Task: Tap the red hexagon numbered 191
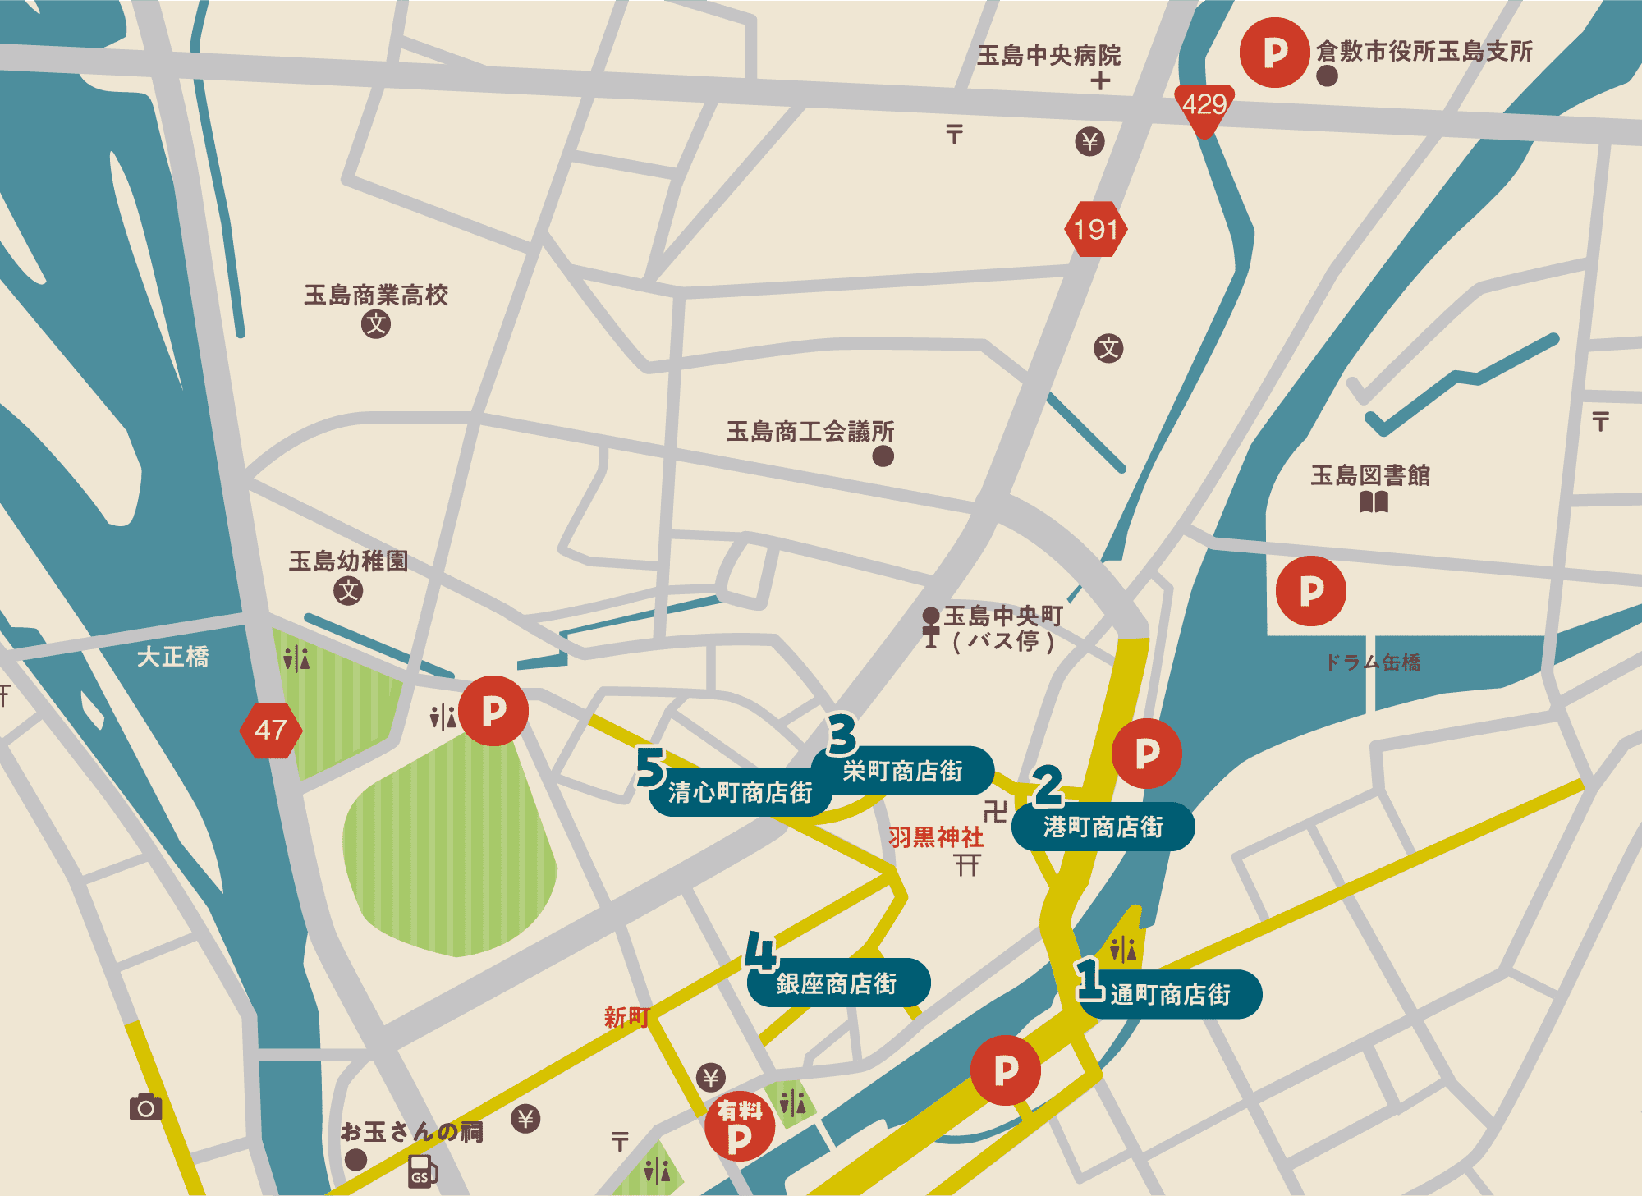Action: [1096, 229]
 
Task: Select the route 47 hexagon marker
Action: [270, 730]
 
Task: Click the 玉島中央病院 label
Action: [1048, 55]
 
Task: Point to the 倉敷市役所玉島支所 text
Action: [1424, 51]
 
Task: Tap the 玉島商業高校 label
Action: [376, 295]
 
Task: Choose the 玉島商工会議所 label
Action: [810, 431]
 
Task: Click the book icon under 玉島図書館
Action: [1374, 502]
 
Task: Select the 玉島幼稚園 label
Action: [348, 561]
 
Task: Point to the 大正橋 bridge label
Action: [172, 657]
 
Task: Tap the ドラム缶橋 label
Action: [1373, 662]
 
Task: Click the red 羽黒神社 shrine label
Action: [935, 837]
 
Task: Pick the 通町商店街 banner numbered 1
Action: [1170, 995]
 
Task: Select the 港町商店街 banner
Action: [1103, 827]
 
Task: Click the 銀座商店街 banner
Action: [837, 983]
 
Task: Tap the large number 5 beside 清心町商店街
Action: [650, 768]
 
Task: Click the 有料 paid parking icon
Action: [739, 1125]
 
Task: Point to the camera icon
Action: [146, 1107]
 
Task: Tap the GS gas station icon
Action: [422, 1171]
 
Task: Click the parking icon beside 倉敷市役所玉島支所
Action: [1274, 53]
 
